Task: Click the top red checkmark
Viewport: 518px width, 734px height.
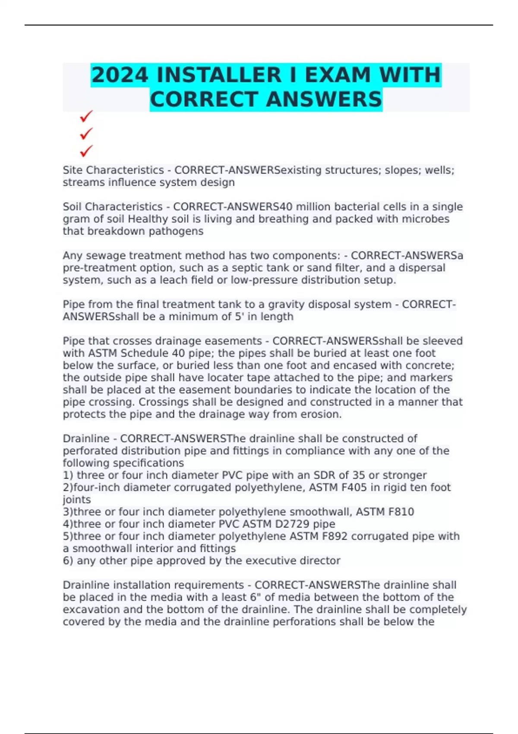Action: (x=86, y=116)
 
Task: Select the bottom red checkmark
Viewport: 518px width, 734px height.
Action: (x=86, y=151)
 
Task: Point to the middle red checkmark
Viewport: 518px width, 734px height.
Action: (x=86, y=134)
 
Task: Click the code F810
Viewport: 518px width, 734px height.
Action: (x=401, y=512)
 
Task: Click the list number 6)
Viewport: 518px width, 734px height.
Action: (x=68, y=561)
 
